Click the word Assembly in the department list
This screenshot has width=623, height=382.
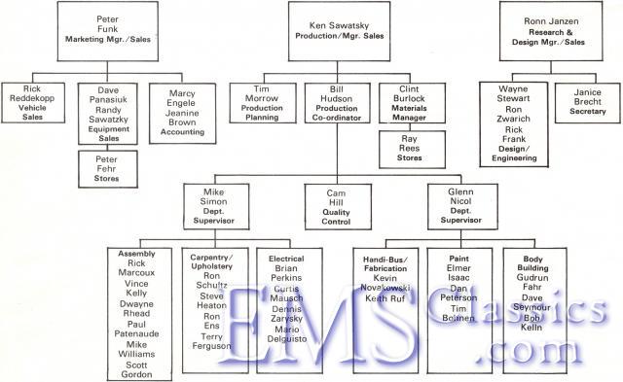[136, 255]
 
